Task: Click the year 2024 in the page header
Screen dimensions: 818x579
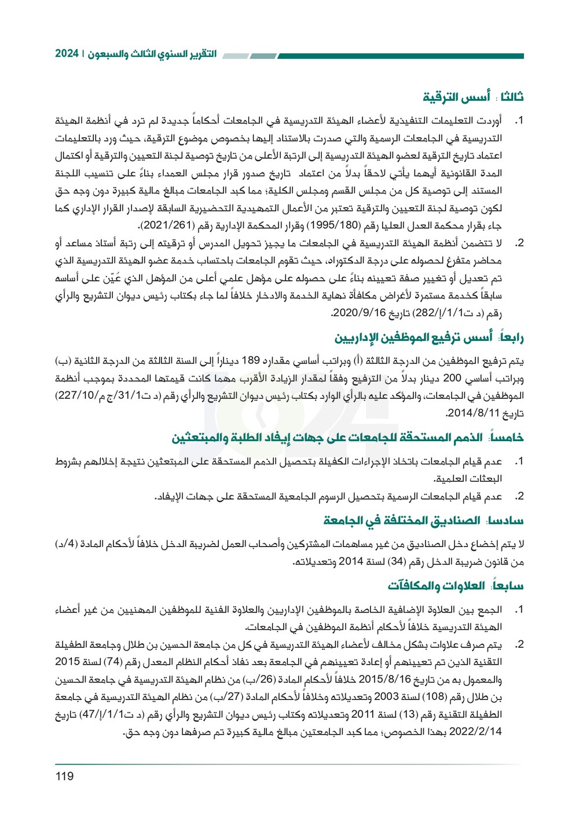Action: point(67,54)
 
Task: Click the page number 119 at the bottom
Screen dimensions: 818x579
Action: point(64,776)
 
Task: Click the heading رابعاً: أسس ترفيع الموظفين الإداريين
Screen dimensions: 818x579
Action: point(429,337)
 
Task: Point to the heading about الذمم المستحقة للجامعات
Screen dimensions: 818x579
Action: point(347,438)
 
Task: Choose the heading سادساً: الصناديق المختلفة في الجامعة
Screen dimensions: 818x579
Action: point(423,520)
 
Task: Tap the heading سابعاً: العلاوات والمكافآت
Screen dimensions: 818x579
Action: point(456,586)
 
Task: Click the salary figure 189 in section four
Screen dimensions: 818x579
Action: point(250,361)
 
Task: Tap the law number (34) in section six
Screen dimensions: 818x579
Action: point(397,562)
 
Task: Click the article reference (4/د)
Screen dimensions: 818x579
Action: point(68,544)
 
